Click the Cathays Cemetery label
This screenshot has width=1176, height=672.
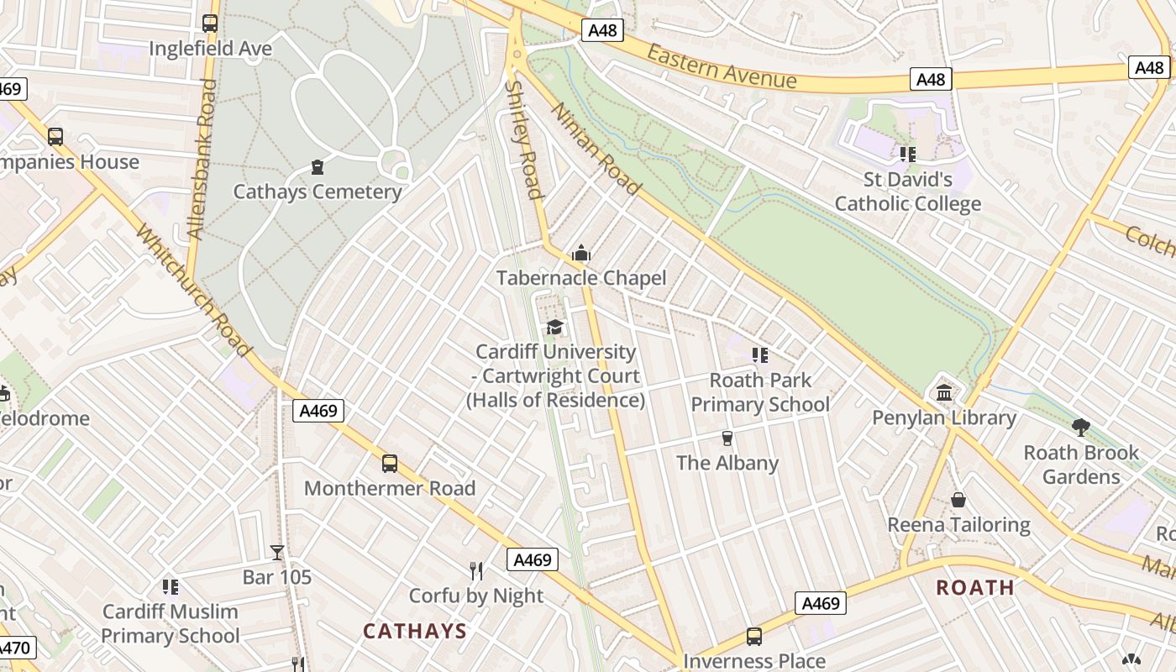tap(317, 192)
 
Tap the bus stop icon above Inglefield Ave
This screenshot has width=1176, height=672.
tap(210, 24)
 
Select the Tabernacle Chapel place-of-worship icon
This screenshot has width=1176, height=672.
tap(580, 253)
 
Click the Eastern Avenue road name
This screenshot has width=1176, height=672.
tap(722, 66)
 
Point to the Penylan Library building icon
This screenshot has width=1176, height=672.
tap(943, 392)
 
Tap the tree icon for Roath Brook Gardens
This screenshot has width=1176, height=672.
tap(1081, 428)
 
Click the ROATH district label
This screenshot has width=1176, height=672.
tap(975, 587)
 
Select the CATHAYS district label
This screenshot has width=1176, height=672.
tap(414, 631)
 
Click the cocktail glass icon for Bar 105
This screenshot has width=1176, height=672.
tap(277, 552)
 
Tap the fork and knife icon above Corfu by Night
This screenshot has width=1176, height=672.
tap(476, 571)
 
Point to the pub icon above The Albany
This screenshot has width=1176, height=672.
tap(727, 438)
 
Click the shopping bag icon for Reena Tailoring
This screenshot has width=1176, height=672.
tap(958, 500)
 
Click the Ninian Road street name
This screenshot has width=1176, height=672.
tap(595, 148)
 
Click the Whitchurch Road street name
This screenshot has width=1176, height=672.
tap(193, 290)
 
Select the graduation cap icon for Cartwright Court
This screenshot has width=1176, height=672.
tap(554, 327)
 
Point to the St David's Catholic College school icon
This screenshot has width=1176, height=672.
tap(907, 154)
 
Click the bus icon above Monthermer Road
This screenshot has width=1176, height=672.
tap(389, 463)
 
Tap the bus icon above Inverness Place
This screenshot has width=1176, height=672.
tap(753, 637)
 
